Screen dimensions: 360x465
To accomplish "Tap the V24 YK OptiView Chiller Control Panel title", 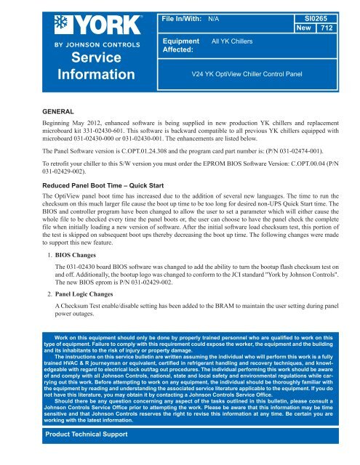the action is pos(246,74).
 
